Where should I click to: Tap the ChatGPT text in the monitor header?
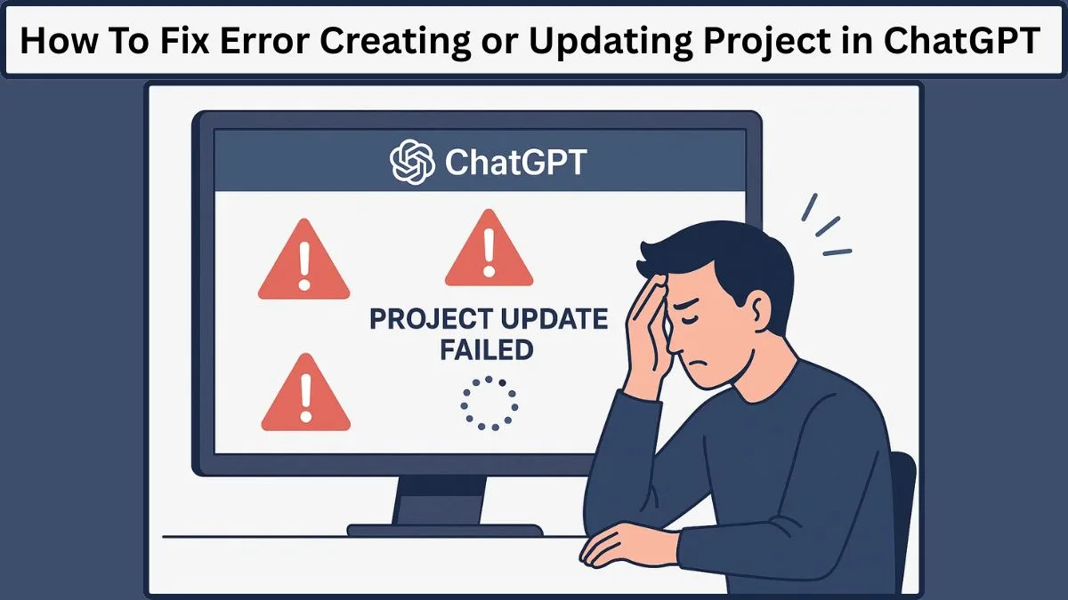pyautogui.click(x=515, y=163)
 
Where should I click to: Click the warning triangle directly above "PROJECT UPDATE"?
pyautogui.click(x=489, y=251)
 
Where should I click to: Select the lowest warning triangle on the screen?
pyautogui.click(x=304, y=394)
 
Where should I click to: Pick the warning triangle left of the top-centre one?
pyautogui.click(x=303, y=262)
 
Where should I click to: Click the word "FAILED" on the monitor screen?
pyautogui.click(x=486, y=349)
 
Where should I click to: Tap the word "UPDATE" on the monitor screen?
pyautogui.click(x=553, y=318)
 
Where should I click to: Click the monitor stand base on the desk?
pyautogui.click(x=444, y=530)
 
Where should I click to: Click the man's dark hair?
pyautogui.click(x=730, y=253)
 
